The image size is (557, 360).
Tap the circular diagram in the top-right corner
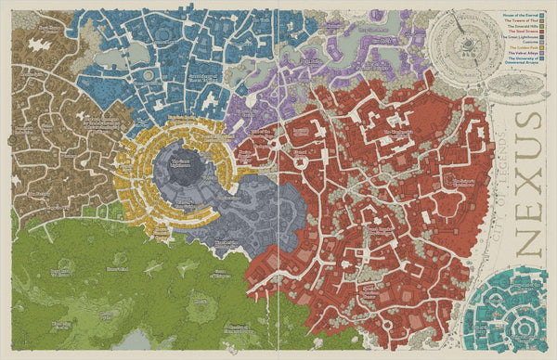tap(461, 42)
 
